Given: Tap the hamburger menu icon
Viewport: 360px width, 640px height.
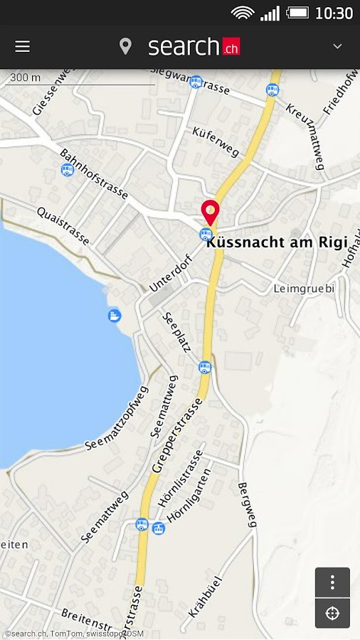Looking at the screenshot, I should click(23, 46).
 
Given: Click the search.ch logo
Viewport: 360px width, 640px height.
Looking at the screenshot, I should click(194, 47).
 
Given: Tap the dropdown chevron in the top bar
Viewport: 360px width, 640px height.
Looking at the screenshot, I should click(337, 46).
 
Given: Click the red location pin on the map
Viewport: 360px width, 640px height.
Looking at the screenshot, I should click(210, 212).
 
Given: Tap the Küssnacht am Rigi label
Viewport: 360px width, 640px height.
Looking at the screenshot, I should click(277, 242).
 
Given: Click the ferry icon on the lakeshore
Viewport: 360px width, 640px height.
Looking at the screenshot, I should click(115, 315).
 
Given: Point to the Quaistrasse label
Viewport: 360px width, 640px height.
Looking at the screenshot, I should click(63, 226).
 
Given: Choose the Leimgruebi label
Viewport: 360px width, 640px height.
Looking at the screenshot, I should click(304, 289).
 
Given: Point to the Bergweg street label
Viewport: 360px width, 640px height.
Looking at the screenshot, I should click(246, 504).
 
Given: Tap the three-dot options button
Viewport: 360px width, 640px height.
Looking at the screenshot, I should click(332, 582).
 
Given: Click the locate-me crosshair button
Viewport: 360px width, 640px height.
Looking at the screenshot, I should click(332, 613).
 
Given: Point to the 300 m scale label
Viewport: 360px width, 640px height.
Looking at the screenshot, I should click(26, 78).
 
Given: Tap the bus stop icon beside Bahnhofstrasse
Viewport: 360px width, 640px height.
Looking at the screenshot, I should click(67, 169).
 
